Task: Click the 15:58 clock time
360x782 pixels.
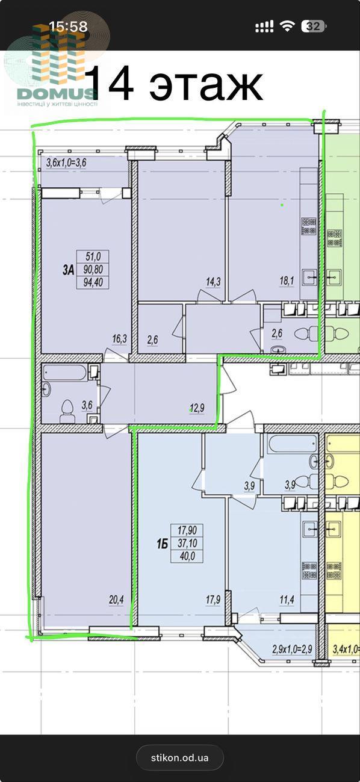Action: pos(68,26)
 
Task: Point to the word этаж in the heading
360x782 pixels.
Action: pos(206,84)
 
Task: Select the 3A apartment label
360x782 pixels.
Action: pos(69,270)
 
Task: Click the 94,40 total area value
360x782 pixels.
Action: pos(93,282)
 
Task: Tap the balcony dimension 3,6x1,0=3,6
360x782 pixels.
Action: pos(66,163)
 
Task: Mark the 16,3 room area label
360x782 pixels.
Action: pos(119,338)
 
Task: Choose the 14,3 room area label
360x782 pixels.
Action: pos(213,281)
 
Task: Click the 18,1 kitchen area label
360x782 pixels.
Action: pos(287,281)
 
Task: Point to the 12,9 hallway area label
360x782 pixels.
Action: pos(197,408)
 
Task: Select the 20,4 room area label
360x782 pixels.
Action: pos(116,600)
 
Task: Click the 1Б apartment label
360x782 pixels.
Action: pos(163,544)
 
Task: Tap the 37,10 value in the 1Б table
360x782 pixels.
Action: pos(187,543)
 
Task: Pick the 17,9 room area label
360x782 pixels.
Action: pos(213,600)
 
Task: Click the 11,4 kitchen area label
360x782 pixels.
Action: pos(287,600)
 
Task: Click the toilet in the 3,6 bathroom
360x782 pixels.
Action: pos(67,411)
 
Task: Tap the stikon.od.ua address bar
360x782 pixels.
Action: pos(180,757)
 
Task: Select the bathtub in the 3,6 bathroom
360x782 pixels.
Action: pos(64,373)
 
